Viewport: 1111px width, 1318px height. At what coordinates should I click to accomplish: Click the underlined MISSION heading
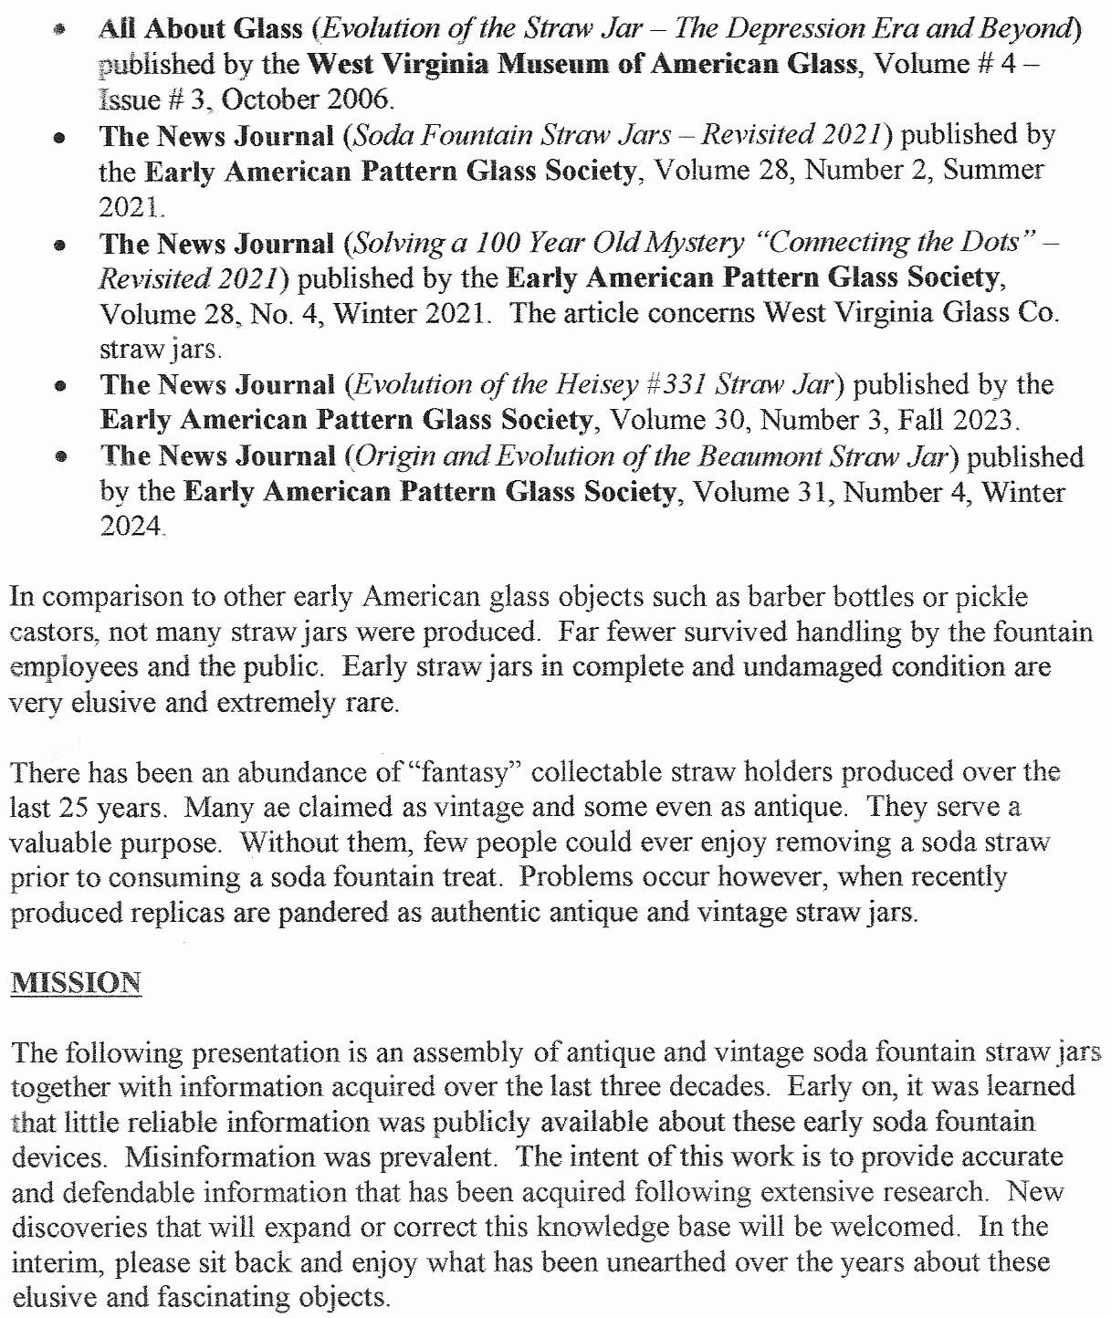(77, 983)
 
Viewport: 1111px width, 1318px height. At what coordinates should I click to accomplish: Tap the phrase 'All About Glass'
(201, 28)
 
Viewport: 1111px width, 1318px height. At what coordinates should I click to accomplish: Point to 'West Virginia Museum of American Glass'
(582, 64)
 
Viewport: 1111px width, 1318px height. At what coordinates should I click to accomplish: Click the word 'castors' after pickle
(51, 632)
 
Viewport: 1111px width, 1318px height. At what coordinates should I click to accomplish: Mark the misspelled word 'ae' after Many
(257, 808)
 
